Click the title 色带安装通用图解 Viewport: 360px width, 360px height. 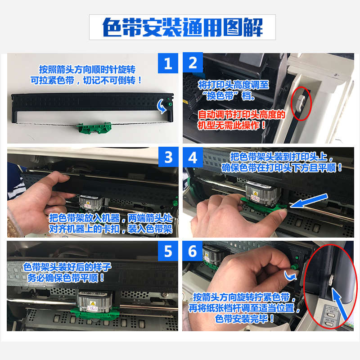click(182, 27)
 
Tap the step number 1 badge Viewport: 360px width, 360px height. click(168, 63)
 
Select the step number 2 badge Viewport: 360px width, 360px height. click(193, 63)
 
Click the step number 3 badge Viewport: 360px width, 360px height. click(168, 157)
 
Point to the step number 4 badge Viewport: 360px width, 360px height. click(193, 157)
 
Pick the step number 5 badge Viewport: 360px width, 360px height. click(168, 251)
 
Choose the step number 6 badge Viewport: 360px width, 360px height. click(193, 251)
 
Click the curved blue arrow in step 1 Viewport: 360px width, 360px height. click(162, 107)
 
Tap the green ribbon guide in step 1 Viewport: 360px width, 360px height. click(94, 128)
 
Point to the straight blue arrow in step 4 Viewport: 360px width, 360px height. click(309, 200)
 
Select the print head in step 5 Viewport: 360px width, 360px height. click(94, 301)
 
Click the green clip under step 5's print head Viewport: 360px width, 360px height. click(94, 313)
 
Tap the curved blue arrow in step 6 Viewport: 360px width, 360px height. click(290, 276)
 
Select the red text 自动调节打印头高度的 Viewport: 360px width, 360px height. click(242, 115)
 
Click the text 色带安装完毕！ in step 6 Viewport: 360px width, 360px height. click(245, 319)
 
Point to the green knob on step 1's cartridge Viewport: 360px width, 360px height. click(170, 104)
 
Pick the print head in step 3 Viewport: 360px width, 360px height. click(91, 203)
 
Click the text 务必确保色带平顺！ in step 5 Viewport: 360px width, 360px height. click(66, 278)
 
